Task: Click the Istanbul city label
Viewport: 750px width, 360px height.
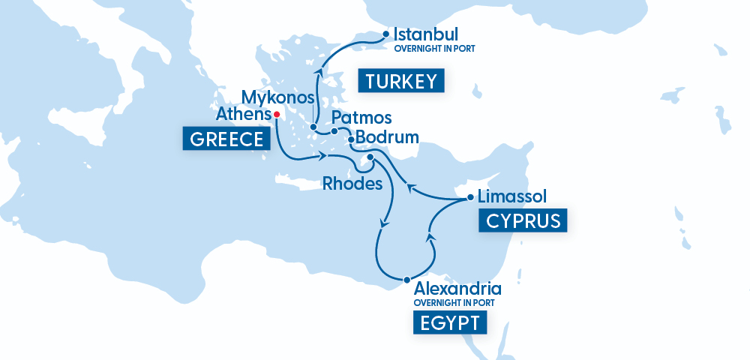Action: click(425, 34)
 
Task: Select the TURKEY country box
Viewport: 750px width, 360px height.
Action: click(401, 81)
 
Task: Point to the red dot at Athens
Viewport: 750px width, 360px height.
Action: click(277, 115)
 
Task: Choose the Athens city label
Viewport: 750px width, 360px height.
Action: click(242, 115)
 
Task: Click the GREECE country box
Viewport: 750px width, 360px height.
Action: click(225, 139)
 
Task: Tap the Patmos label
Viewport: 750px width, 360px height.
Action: click(361, 118)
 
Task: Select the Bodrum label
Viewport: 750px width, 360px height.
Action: click(387, 138)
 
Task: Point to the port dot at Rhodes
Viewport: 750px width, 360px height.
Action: click(370, 157)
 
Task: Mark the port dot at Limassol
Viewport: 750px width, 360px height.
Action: click(470, 198)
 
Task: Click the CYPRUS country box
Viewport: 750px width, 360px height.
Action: click(523, 221)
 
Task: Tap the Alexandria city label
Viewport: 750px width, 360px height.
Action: click(457, 289)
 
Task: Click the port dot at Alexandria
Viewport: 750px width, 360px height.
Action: click(407, 280)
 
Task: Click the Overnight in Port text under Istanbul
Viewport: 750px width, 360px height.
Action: click(435, 49)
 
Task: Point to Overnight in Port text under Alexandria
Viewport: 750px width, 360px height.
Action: click(454, 302)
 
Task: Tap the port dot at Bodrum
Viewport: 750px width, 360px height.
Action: click(351, 139)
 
